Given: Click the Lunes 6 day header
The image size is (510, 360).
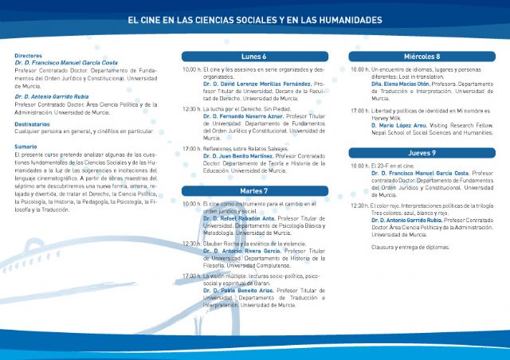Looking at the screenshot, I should point(253,57).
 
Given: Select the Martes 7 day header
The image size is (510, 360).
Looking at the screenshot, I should point(253,191).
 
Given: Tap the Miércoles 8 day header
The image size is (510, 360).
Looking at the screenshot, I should point(422,57).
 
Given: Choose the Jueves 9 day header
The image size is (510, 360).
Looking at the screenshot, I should point(422,152).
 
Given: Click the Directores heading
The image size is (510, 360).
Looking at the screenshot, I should point(28,57).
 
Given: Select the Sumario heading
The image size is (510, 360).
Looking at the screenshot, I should point(25,146).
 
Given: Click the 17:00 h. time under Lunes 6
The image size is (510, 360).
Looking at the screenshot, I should point(191,148).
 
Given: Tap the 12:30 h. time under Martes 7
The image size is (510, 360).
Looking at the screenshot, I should point(191,244).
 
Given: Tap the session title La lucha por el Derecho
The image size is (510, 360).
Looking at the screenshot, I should point(237,108).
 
